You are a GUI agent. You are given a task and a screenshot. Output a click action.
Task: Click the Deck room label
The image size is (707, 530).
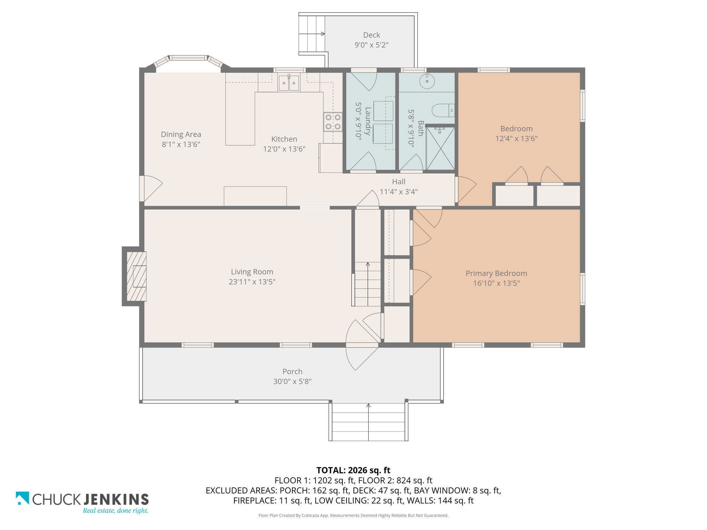coord(371,35)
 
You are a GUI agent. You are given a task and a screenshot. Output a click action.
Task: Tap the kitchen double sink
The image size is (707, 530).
coord(289,83)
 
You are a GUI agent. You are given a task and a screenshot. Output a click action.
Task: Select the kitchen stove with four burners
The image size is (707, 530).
coord(333,122)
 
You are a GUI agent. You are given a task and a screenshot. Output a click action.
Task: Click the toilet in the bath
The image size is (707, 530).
coord(443,110)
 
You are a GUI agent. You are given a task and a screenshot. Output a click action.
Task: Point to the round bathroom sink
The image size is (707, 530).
coord(427,81)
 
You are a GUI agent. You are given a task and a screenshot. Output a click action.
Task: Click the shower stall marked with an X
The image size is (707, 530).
coord(440,148)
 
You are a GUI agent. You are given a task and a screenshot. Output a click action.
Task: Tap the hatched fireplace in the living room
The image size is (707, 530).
coord(136,276)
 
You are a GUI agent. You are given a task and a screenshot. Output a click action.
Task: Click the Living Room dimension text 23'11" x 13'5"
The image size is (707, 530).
coord(252,282)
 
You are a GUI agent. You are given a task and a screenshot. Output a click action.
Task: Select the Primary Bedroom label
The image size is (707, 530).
coord(496,274)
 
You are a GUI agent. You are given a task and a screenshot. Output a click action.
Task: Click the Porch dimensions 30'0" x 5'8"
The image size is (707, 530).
coord(292,381)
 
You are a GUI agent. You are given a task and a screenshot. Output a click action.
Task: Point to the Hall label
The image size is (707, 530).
coord(399,181)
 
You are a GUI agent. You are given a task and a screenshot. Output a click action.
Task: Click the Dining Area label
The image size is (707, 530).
coord(181,135)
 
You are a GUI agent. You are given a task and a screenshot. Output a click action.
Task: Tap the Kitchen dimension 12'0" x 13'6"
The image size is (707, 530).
coord(284,149)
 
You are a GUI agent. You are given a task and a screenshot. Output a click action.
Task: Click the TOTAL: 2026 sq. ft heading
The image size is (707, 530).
coord(353,470)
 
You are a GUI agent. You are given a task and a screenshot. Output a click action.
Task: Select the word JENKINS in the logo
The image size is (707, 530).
coord(116,499)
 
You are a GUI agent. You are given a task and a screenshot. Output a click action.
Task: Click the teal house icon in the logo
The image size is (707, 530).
coord(22,498)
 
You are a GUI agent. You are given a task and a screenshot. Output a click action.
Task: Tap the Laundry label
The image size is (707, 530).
coord(368,121)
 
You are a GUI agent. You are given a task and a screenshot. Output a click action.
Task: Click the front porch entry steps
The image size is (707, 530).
coord(368,422)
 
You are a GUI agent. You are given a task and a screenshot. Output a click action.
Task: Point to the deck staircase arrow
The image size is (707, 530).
coord(312,34)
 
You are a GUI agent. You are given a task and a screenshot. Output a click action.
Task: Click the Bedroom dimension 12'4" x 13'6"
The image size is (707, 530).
coord(516,139)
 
